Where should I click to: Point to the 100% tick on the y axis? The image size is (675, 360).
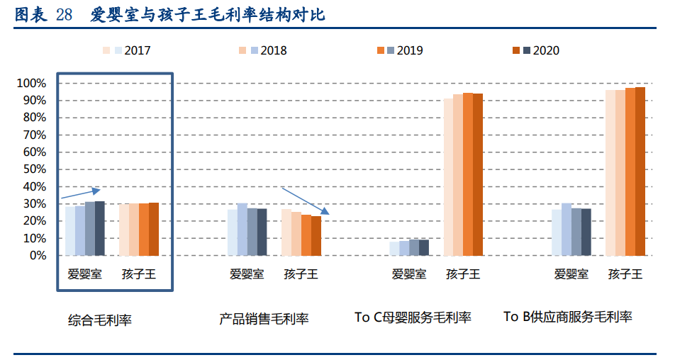(31, 84)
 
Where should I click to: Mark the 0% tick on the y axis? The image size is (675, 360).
(37, 256)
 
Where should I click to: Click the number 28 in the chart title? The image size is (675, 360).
(63, 15)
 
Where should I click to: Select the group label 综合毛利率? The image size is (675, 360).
(100, 320)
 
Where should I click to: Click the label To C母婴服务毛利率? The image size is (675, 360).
(413, 317)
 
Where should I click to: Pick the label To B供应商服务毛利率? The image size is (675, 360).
(568, 317)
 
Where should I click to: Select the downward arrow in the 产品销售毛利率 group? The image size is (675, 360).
(306, 201)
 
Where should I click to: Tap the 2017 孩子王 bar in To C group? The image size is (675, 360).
(448, 177)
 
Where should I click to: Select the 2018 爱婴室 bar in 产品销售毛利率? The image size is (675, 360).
(242, 230)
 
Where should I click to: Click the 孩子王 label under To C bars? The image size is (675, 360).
(463, 274)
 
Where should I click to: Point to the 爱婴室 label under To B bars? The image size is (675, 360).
(571, 274)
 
